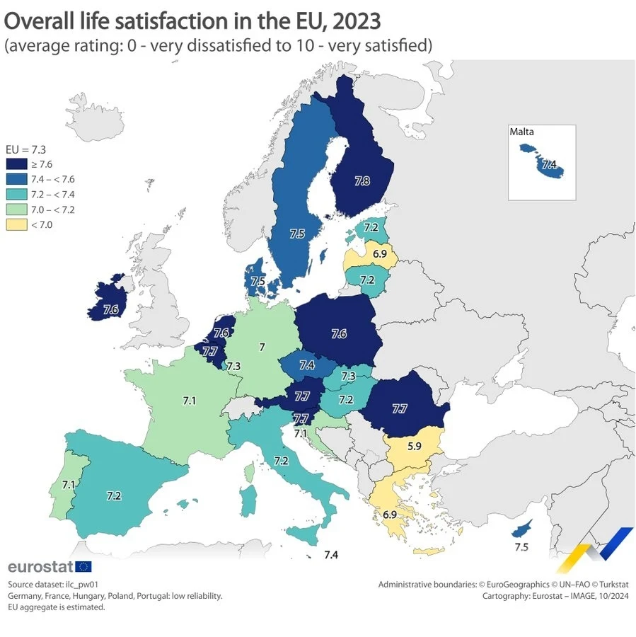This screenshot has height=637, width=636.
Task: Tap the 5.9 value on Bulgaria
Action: [x=414, y=447]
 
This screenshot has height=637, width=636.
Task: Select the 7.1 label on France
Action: [x=189, y=401]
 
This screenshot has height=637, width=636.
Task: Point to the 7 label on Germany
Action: [x=262, y=348]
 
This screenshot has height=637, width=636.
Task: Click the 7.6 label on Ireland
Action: [x=110, y=309]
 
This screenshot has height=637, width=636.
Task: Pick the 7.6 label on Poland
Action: [x=339, y=333]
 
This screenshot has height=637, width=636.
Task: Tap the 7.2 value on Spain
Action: [x=113, y=496]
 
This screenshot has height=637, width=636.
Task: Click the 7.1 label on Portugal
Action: [x=69, y=485]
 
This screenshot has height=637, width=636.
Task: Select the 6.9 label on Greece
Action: [x=389, y=515]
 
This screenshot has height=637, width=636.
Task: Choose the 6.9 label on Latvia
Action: [x=380, y=253]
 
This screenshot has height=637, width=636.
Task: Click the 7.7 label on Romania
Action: [x=399, y=408]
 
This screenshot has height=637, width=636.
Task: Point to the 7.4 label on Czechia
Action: [x=307, y=365]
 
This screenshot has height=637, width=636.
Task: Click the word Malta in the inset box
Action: [x=521, y=132]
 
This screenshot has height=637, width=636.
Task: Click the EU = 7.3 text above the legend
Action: [x=21, y=149]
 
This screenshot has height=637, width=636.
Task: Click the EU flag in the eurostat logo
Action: [x=83, y=566]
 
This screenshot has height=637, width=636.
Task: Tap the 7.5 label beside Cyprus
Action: [x=522, y=547]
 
